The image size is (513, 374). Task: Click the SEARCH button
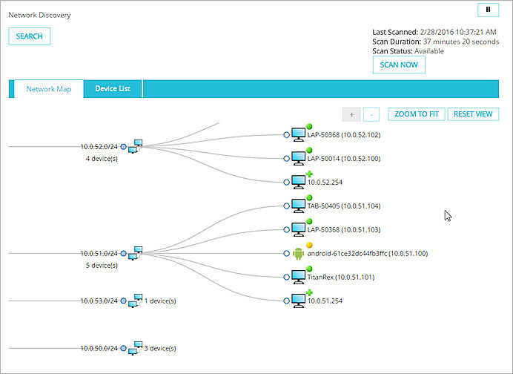point(29,36)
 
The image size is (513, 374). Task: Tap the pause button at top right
point(488,10)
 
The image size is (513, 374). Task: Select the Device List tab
point(113,88)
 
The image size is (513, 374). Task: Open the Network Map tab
point(49,88)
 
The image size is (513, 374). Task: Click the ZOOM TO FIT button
point(415,114)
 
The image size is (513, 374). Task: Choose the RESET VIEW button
point(473,114)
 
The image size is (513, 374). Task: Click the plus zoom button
point(351,114)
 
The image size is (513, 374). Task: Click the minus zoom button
point(371,114)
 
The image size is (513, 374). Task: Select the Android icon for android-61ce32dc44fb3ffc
point(299,253)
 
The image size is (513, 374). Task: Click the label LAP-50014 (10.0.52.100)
point(343,159)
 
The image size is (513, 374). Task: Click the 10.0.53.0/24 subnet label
point(99,301)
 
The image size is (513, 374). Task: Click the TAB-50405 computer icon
point(298,206)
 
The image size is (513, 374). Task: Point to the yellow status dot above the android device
point(309,245)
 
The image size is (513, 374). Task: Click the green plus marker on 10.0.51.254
point(309,292)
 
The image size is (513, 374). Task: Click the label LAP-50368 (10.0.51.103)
point(343,229)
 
